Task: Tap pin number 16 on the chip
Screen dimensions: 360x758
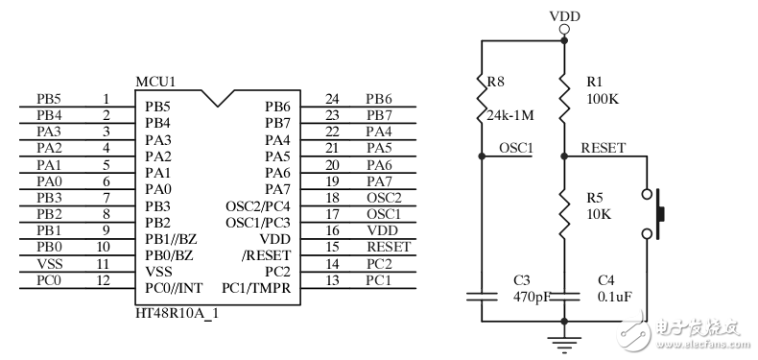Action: click(x=333, y=229)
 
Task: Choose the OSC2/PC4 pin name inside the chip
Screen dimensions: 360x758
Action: click(x=257, y=206)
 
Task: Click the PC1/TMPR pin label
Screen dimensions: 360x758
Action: click(x=256, y=287)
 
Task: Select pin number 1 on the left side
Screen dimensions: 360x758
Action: click(x=106, y=98)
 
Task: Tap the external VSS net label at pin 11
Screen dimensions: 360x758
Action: click(x=49, y=263)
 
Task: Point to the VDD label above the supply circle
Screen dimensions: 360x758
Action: click(x=563, y=16)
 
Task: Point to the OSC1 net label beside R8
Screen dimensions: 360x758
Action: click(x=516, y=148)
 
